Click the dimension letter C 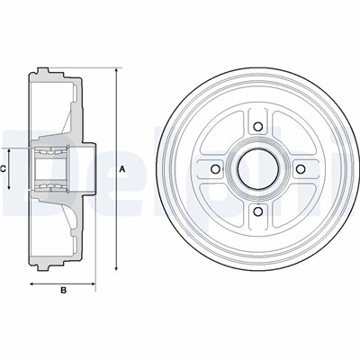[x=4, y=167]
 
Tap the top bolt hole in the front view [x=256, y=125]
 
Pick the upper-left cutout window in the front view [x=225, y=136]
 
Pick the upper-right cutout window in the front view [x=288, y=136]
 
